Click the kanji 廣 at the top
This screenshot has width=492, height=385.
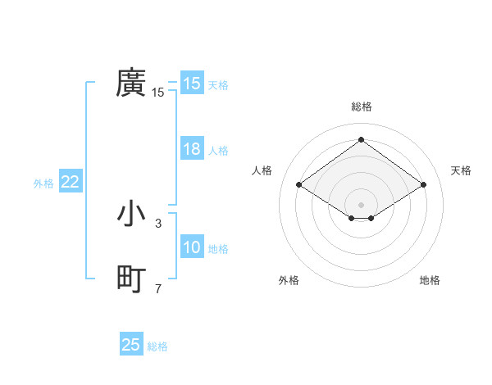point(130,83)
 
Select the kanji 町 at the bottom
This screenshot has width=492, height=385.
point(130,279)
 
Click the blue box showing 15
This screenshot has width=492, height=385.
point(191,84)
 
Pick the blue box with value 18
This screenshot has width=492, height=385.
point(191,150)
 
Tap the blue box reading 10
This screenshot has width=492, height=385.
point(191,248)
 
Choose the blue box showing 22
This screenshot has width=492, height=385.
point(70,183)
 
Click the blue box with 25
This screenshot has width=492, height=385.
point(131,345)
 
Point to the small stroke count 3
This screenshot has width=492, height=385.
point(158,223)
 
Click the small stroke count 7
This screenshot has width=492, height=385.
point(158,288)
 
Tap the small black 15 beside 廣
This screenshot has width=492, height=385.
point(158,93)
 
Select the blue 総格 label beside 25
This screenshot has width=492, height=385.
point(157,346)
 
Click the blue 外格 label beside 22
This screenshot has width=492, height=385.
point(43,183)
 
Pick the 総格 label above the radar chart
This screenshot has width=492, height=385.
point(361,106)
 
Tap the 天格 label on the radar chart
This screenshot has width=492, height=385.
point(461,170)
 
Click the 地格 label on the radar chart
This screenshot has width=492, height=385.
point(430,280)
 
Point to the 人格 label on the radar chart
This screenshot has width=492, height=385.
point(262,170)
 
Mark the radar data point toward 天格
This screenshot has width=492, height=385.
point(423,185)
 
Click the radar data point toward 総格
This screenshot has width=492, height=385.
point(361,140)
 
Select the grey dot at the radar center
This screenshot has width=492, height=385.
point(361,204)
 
